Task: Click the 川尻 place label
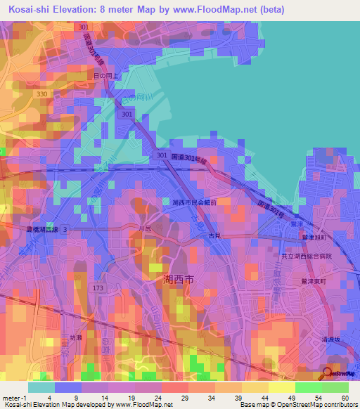[144, 229]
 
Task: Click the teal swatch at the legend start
[41, 387]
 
